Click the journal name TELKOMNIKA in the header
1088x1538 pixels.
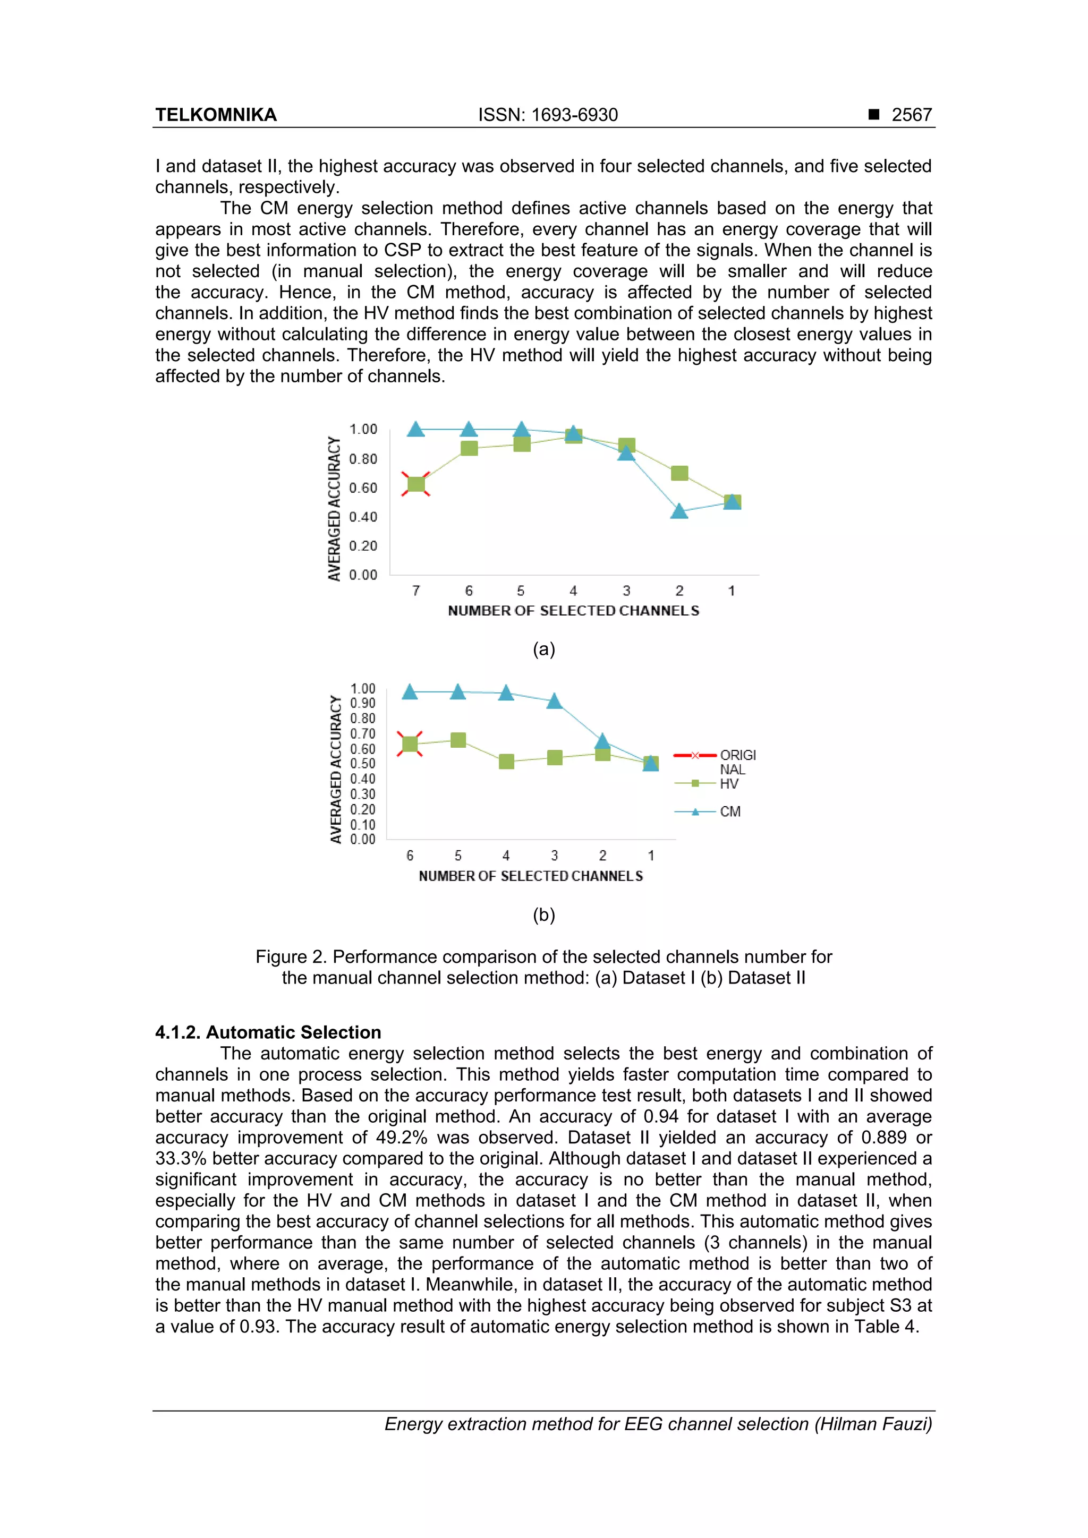point(216,115)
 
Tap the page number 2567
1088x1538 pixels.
point(911,115)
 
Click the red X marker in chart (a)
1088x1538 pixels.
point(415,484)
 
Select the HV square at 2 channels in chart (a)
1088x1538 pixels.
point(679,473)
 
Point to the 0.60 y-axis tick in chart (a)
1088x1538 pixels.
point(363,488)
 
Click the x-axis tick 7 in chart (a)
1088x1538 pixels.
point(415,591)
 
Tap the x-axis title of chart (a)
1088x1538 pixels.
point(573,610)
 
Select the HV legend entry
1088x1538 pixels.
point(728,784)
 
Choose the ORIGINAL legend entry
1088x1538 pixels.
point(737,762)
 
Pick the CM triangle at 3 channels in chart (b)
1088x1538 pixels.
point(554,700)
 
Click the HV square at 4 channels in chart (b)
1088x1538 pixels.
point(506,762)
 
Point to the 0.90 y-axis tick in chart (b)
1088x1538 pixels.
point(362,703)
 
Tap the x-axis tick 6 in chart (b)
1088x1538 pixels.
point(410,856)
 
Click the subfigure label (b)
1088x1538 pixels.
point(543,915)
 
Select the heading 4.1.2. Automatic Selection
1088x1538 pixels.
point(268,1032)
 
